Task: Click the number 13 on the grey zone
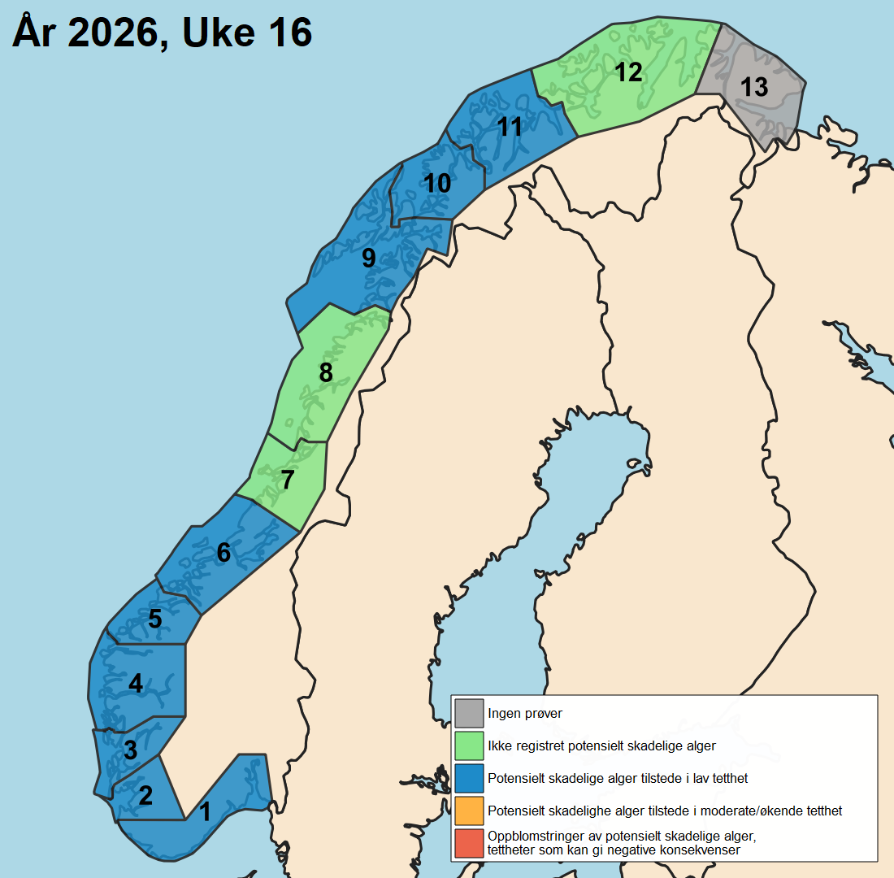click(754, 87)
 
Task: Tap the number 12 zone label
click(628, 72)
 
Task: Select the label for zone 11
click(510, 127)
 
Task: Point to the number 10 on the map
click(437, 184)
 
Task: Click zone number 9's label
click(369, 259)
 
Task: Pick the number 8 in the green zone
click(326, 372)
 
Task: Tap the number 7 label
click(287, 480)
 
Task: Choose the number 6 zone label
click(223, 553)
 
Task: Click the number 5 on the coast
click(154, 619)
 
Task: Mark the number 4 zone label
click(136, 684)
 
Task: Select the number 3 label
click(130, 750)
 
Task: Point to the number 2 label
click(145, 795)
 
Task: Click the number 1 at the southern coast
click(205, 811)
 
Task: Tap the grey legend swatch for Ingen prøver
click(469, 714)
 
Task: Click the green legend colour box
click(469, 745)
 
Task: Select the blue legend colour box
click(469, 778)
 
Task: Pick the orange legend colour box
click(469, 811)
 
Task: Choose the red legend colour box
click(469, 843)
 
